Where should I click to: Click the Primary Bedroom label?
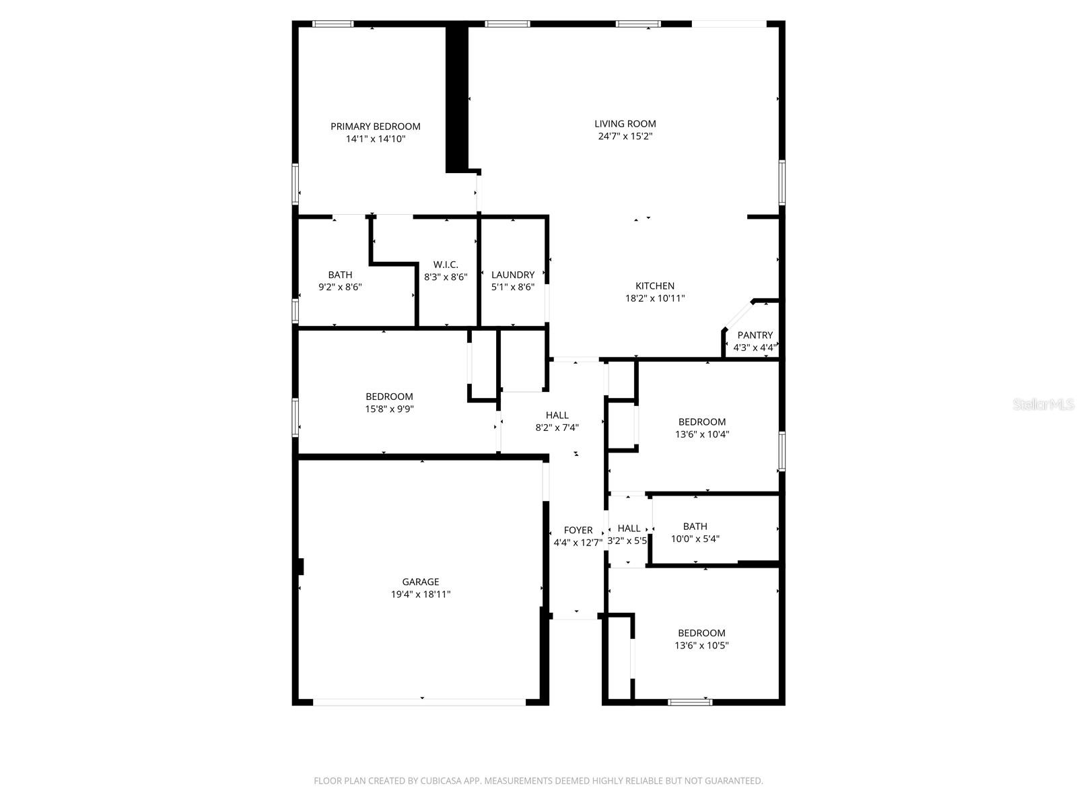[x=375, y=127]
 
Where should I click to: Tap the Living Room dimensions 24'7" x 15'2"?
[x=625, y=136]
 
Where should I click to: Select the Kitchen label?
[x=655, y=286]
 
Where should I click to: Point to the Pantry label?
[x=755, y=335]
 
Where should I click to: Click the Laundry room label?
[x=513, y=275]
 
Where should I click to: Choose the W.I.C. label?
[x=446, y=265]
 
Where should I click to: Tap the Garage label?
[x=421, y=582]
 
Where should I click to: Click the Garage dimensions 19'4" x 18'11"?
[x=421, y=595]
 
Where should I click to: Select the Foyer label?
[x=578, y=531]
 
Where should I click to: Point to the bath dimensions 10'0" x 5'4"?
[x=695, y=539]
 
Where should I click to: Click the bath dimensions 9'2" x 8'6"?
[x=340, y=287]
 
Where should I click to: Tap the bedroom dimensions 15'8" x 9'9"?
[x=389, y=409]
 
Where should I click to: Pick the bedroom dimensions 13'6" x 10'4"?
[x=702, y=434]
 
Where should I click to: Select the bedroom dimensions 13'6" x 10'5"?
[x=702, y=645]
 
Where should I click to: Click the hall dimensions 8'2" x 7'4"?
[x=557, y=427]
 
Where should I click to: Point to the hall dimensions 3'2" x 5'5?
[x=627, y=541]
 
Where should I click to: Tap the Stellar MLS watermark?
[x=1044, y=405]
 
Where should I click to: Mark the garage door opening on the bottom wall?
[x=419, y=702]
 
